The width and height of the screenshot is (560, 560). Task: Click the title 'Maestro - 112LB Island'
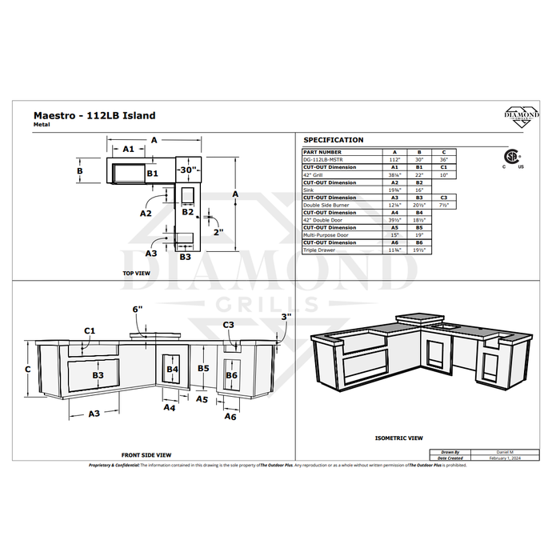pyautogui.click(x=94, y=115)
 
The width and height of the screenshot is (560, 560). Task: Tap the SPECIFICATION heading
pyautogui.click(x=334, y=140)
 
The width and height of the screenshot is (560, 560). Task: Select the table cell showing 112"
pyautogui.click(x=393, y=159)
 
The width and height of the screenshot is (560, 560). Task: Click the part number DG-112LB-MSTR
pyautogui.click(x=323, y=159)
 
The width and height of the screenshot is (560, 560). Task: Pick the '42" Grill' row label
pyautogui.click(x=314, y=174)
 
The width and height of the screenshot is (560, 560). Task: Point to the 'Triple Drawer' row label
pyautogui.click(x=318, y=250)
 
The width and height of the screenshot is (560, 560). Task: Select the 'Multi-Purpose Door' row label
pyautogui.click(x=325, y=235)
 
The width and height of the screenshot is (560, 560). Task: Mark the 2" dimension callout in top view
pyautogui.click(x=218, y=232)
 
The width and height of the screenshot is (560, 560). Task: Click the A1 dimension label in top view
pyautogui.click(x=128, y=149)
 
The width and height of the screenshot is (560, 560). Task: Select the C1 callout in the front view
pyautogui.click(x=90, y=330)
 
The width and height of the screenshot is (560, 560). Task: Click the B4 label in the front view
pyautogui.click(x=173, y=369)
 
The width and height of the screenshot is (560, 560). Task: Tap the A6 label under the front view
pyautogui.click(x=230, y=417)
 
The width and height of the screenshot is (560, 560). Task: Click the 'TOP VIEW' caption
pyautogui.click(x=136, y=273)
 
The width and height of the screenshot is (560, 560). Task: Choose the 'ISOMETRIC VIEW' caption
pyautogui.click(x=398, y=438)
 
